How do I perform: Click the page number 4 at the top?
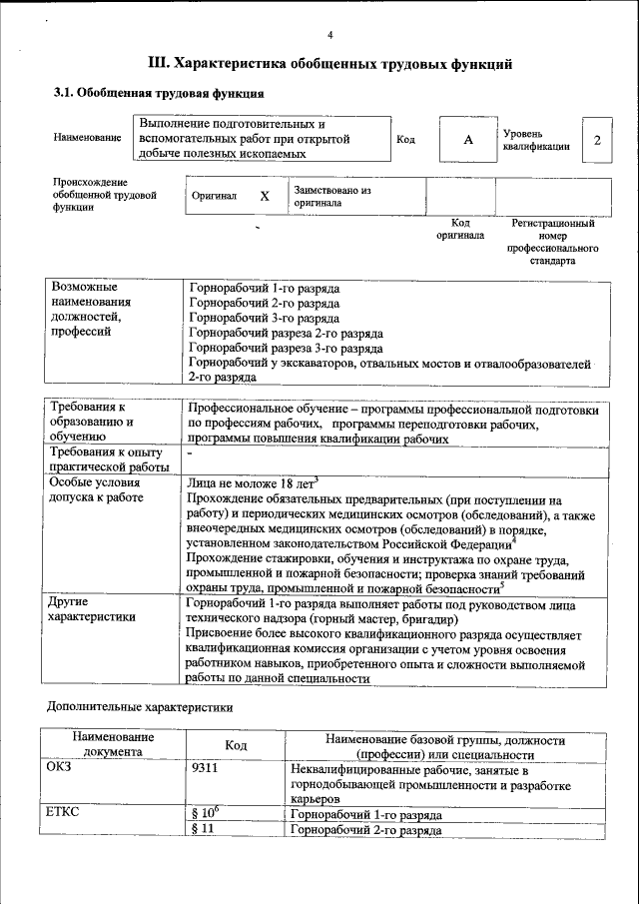click(329, 36)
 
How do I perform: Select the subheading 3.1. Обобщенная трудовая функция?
click(158, 94)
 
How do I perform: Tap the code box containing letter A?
click(467, 140)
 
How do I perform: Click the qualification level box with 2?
click(597, 140)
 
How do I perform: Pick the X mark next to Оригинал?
click(265, 197)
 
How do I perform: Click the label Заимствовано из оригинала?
click(332, 196)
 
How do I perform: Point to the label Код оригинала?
click(460, 230)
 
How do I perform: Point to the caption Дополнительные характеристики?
click(141, 707)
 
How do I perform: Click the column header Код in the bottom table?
click(236, 745)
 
